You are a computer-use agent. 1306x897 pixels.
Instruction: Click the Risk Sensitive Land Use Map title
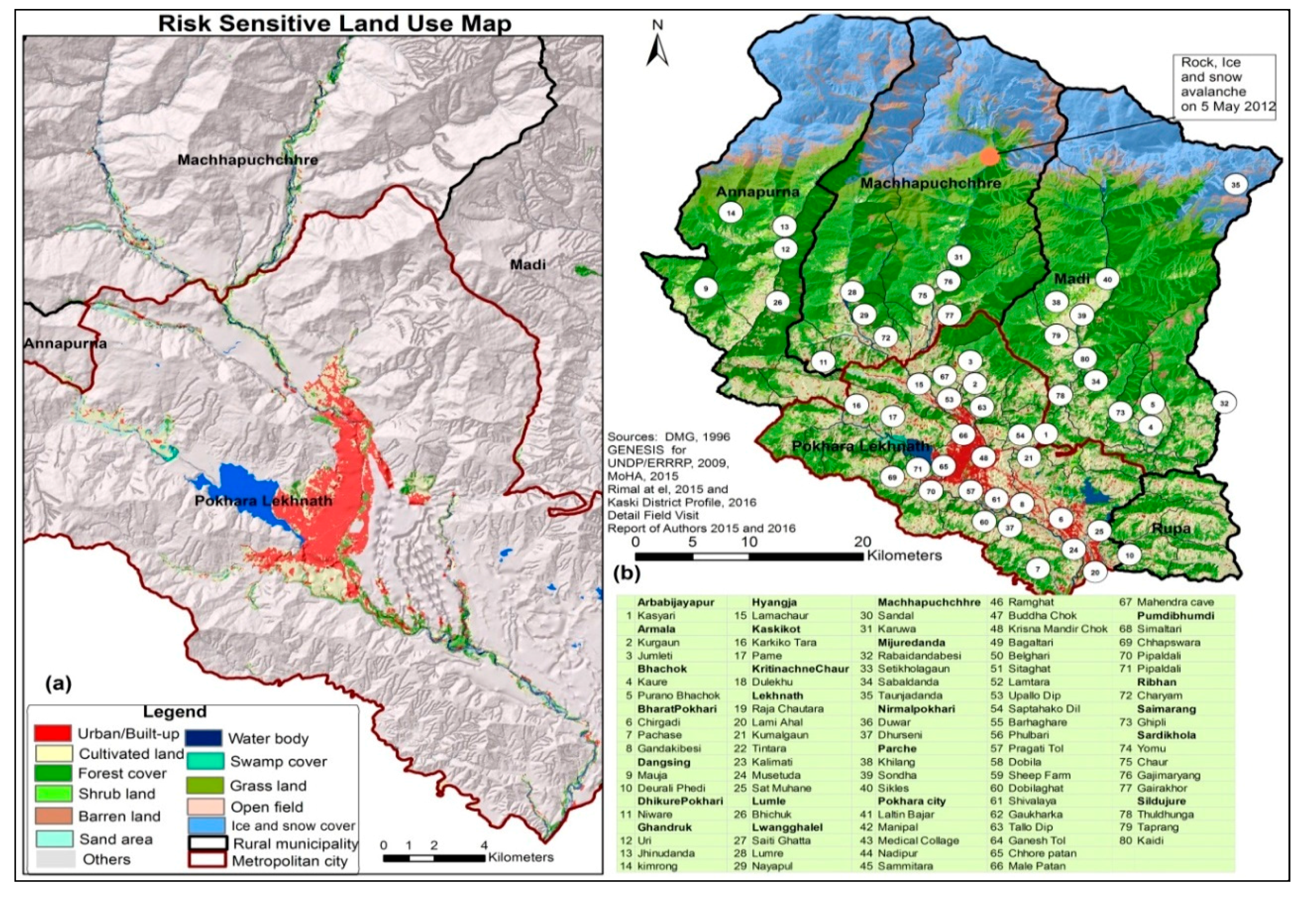(334, 23)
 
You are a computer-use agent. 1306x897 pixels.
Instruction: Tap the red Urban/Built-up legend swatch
(52, 733)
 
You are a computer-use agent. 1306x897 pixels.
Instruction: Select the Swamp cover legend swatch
(203, 762)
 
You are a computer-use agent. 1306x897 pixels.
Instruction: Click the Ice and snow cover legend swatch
(203, 826)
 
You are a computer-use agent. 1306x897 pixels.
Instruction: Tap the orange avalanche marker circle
(990, 156)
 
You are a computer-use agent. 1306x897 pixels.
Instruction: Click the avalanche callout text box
(1227, 85)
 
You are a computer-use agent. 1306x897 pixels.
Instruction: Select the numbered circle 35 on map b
(1235, 185)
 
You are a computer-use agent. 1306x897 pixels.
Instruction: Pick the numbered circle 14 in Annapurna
(731, 212)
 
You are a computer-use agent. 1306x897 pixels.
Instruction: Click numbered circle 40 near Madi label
(1108, 279)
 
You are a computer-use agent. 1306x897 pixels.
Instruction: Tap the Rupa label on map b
(1172, 528)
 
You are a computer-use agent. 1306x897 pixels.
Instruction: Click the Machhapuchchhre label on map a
(248, 159)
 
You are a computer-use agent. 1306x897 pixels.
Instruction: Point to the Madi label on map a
(527, 264)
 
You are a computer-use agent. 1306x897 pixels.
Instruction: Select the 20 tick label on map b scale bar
(862, 542)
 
